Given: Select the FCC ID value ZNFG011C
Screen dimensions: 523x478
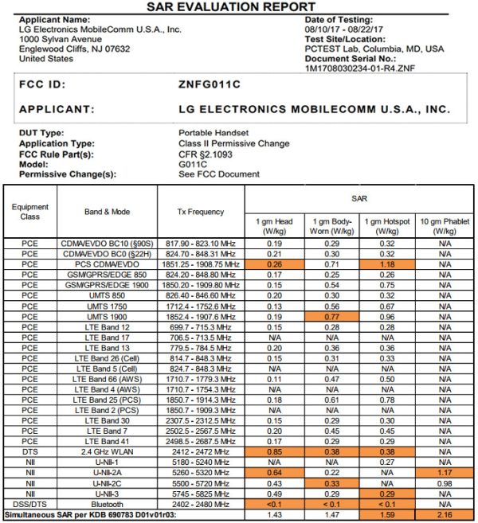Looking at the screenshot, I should tap(210, 83).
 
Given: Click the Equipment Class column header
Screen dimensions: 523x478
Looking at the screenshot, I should tap(29, 212).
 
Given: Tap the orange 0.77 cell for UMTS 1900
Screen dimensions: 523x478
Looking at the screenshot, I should tap(332, 315).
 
